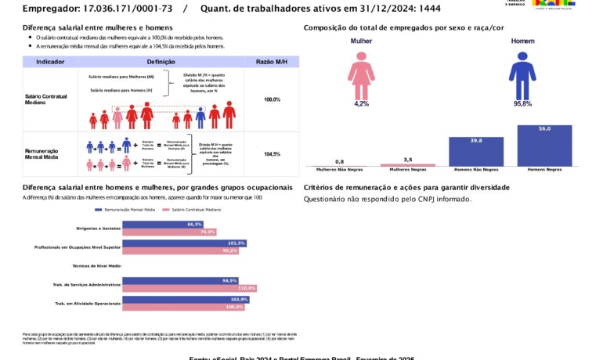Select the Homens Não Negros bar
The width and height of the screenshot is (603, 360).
coord(476,151)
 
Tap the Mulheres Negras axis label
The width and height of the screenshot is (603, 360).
coord(407,169)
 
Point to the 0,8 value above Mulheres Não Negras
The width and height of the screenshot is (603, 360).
coord(339,161)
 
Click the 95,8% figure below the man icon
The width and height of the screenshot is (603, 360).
coord(522,103)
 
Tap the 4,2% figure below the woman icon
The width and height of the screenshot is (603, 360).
coord(361,103)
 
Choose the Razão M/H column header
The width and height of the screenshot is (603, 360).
coord(272,61)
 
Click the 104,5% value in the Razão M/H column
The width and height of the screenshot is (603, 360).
coord(272,154)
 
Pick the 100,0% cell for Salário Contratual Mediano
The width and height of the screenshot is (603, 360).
coord(272,99)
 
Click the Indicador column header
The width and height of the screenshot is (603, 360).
coord(50,61)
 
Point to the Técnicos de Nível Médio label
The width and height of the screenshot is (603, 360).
coord(96,266)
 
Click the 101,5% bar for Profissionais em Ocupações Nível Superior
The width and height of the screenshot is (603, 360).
coord(185,243)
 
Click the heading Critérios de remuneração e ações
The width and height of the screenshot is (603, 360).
coord(406,188)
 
